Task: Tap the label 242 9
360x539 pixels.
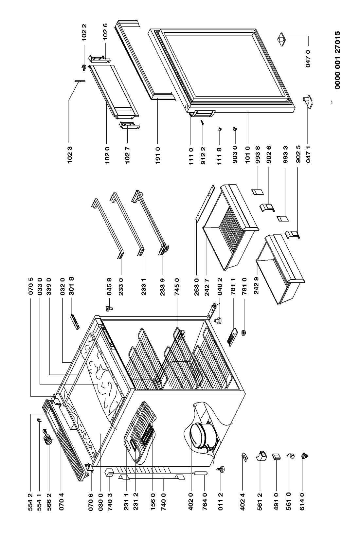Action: tap(256, 288)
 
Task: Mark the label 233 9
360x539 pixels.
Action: tap(163, 288)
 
